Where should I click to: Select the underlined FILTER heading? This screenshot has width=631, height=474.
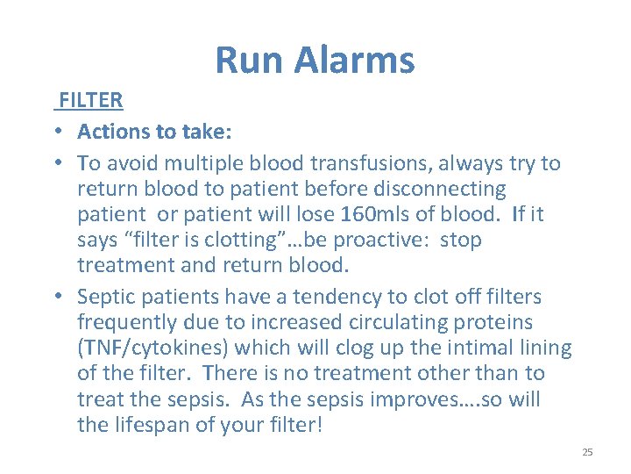point(90,100)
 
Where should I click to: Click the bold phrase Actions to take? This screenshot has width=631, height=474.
point(153,132)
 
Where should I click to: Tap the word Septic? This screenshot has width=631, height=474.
point(106,298)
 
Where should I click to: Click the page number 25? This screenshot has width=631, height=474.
point(587,452)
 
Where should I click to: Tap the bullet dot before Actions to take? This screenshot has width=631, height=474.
point(55,133)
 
